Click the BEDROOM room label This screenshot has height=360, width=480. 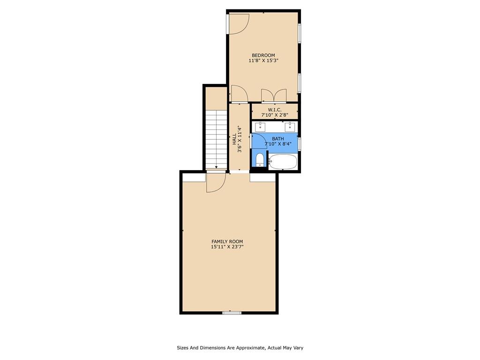pos(263,55)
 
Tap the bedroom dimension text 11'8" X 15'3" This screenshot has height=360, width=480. pos(263,60)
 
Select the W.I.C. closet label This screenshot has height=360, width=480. pos(274,110)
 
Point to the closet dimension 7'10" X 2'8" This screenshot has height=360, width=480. pos(274,115)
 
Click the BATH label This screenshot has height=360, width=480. pos(278,139)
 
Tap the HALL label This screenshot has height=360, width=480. pos(234,139)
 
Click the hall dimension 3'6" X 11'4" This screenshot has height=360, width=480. pos(240,139)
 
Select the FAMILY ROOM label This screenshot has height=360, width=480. pos(227,241)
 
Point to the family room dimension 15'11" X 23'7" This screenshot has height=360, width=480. pos(227,247)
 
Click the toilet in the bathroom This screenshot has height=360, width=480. pos(260,159)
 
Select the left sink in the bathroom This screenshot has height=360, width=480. pos(260,126)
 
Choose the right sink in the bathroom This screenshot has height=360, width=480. pos(290,126)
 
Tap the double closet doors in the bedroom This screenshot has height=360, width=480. pos(274,95)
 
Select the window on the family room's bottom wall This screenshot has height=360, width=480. pos(232,313)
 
